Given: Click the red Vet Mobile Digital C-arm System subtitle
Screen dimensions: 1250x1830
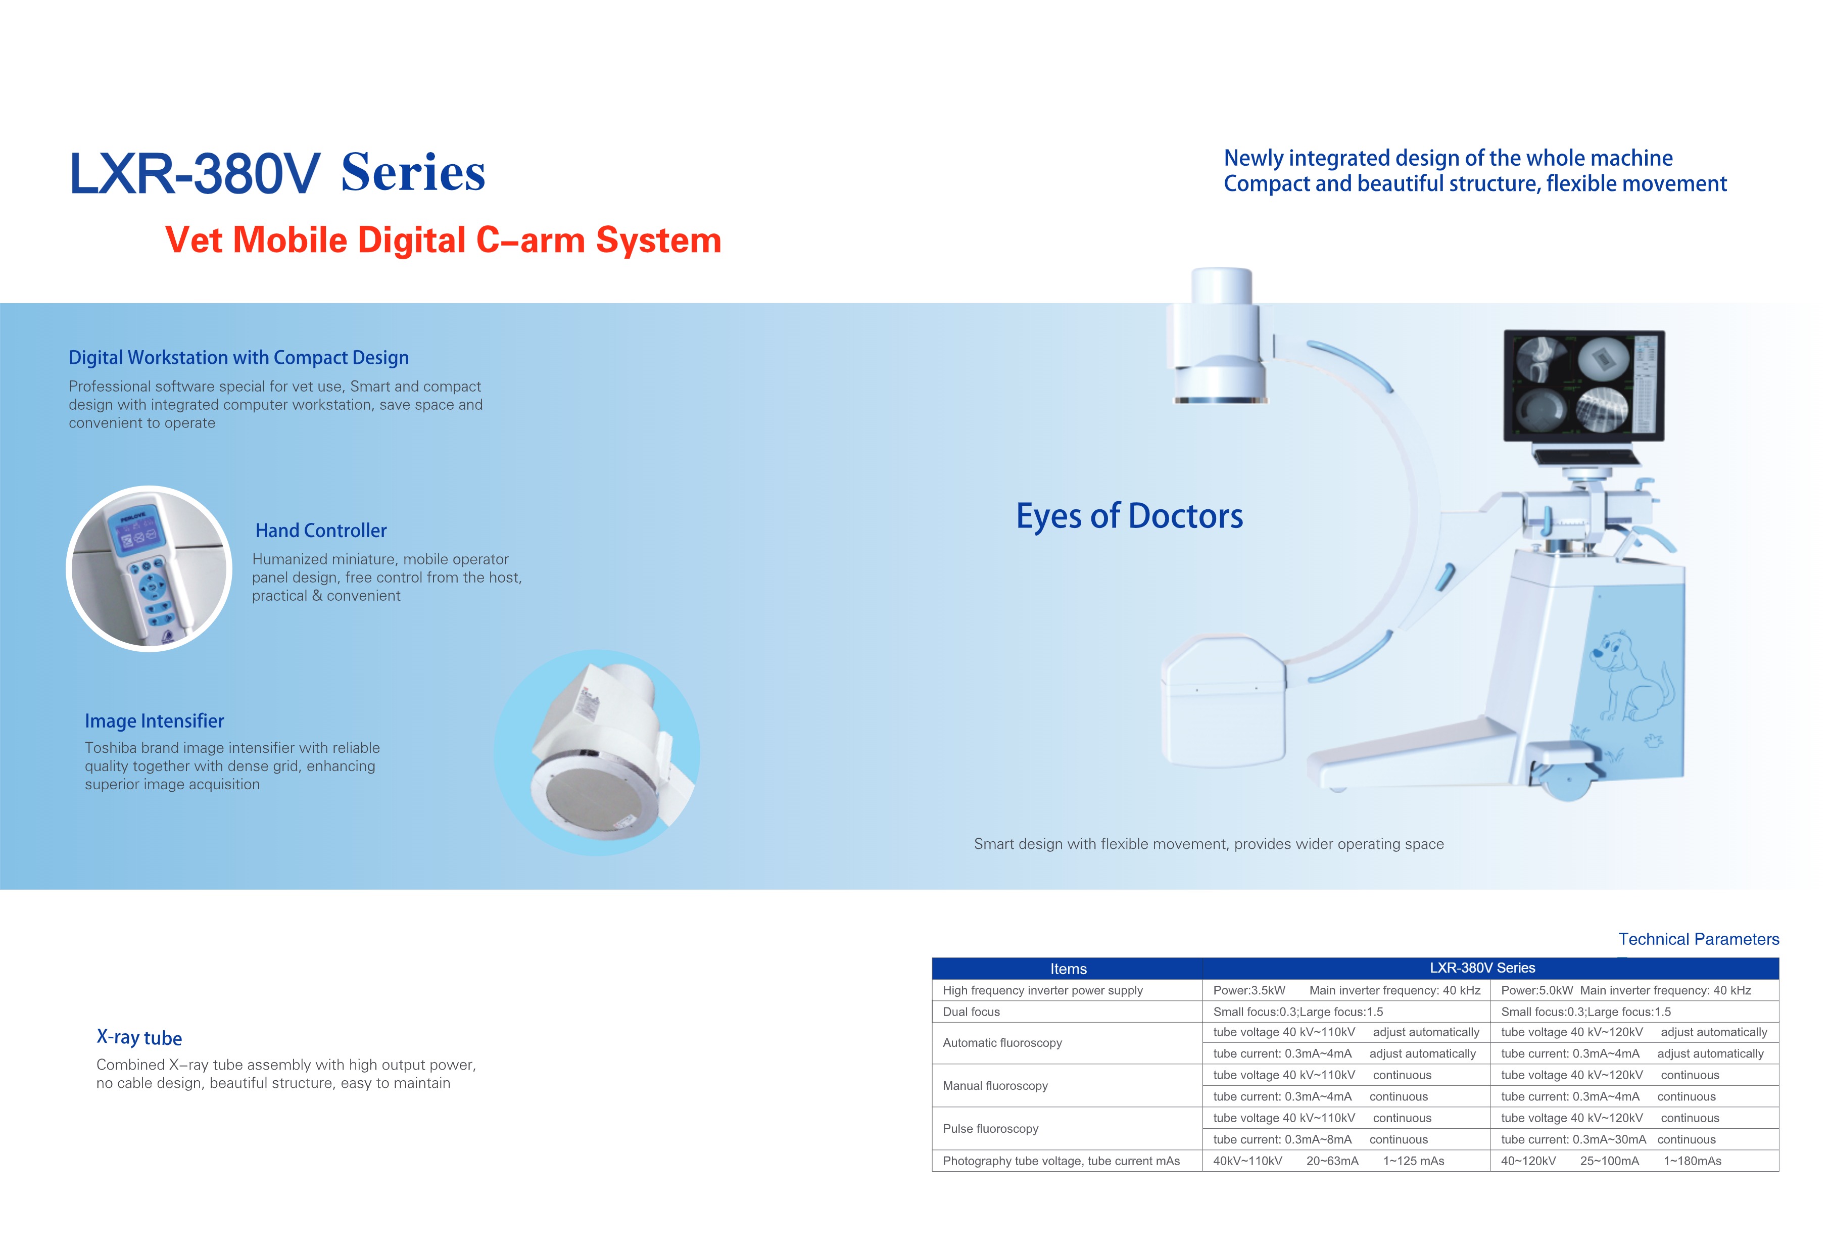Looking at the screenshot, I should coord(443,240).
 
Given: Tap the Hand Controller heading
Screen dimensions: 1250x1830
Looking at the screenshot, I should coord(320,531).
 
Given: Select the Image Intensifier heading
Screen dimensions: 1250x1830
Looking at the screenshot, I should coord(154,722).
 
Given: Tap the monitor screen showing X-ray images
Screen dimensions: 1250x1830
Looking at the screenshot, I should coord(1583,385).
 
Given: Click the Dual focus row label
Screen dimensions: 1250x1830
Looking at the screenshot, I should coord(971,1012).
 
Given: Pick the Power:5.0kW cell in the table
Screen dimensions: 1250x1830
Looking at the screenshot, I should coord(1536,991).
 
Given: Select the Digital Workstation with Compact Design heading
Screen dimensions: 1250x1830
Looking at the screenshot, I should coord(238,358).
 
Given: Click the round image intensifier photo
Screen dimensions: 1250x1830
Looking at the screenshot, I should coord(597,753).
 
